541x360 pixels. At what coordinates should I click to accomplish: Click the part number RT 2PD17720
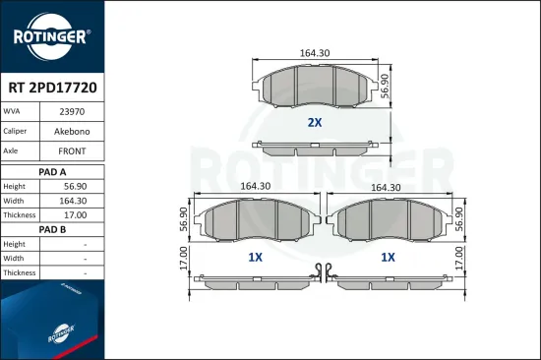click(51, 88)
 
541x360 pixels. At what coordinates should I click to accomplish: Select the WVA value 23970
click(72, 113)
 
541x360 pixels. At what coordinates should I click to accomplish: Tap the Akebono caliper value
click(72, 132)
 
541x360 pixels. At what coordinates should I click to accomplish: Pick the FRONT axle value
click(72, 151)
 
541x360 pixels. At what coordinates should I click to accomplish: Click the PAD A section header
click(51, 170)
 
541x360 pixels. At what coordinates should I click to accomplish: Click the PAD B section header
click(51, 228)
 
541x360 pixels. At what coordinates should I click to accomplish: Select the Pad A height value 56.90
click(72, 186)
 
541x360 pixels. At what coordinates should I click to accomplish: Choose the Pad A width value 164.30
click(72, 201)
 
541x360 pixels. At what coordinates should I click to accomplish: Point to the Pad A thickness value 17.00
click(72, 214)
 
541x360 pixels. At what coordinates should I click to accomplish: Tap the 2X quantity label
click(315, 123)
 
